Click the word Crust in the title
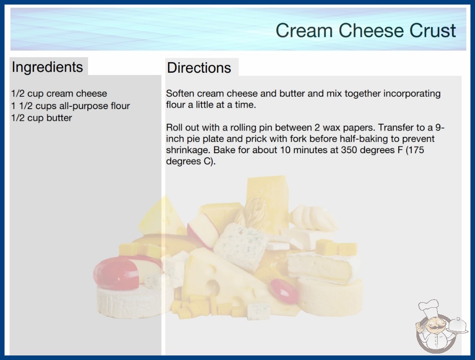(x=433, y=30)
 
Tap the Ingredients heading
(x=47, y=67)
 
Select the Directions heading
(x=199, y=68)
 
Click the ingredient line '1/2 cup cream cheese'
(x=59, y=94)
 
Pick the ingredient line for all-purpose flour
(x=70, y=106)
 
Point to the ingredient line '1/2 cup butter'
(x=41, y=118)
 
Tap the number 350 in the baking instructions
(x=349, y=150)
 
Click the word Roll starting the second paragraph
(x=174, y=127)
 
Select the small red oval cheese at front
(x=284, y=290)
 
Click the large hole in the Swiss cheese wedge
(x=213, y=287)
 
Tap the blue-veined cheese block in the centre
(x=241, y=246)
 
